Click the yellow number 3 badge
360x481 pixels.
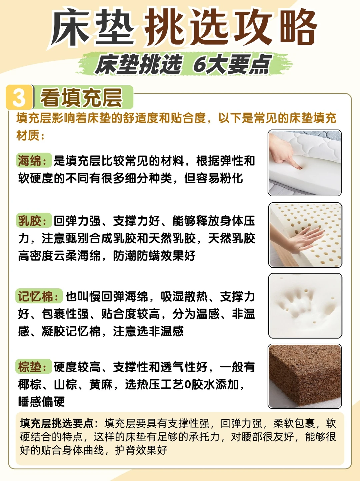[x=19, y=97]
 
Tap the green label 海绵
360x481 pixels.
[x=34, y=160]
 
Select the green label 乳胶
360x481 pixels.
[x=34, y=220]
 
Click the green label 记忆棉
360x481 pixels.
[x=39, y=296]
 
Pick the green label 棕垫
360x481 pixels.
[x=34, y=366]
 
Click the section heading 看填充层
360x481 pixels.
[x=81, y=98]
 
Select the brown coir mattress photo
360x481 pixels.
[x=305, y=376]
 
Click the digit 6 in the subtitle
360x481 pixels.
[x=199, y=64]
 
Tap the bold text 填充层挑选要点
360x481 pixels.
[x=57, y=423]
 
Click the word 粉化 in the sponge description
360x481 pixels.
[x=231, y=178]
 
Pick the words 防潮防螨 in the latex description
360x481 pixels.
[x=136, y=256]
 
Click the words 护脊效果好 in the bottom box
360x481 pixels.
[x=141, y=450]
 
